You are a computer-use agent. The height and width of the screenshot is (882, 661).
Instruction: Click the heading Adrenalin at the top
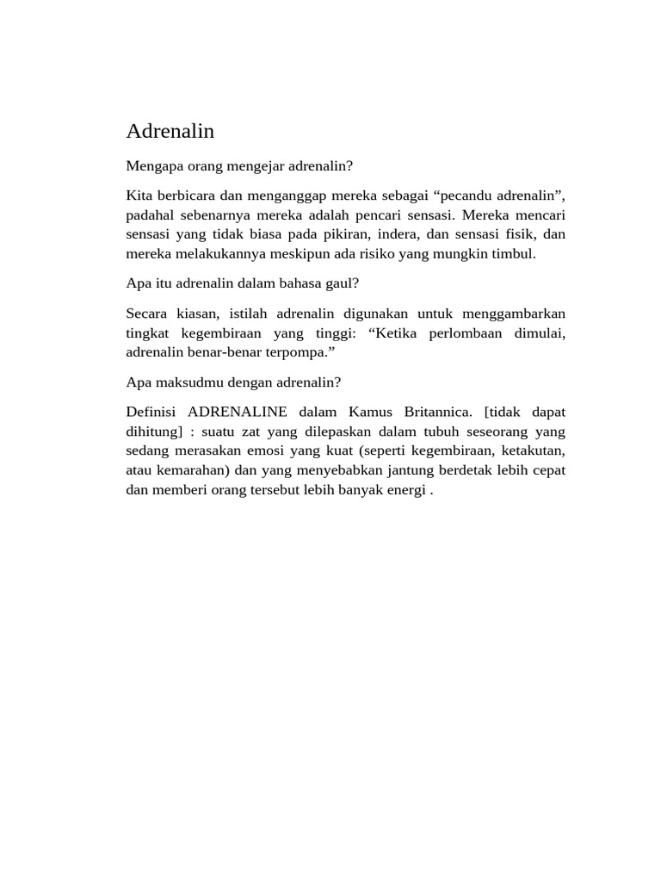tap(170, 132)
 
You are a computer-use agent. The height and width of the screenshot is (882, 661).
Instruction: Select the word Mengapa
tap(155, 165)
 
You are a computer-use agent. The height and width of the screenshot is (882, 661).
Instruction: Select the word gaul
tap(342, 283)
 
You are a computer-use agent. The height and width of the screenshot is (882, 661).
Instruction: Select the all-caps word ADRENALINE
tap(238, 413)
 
